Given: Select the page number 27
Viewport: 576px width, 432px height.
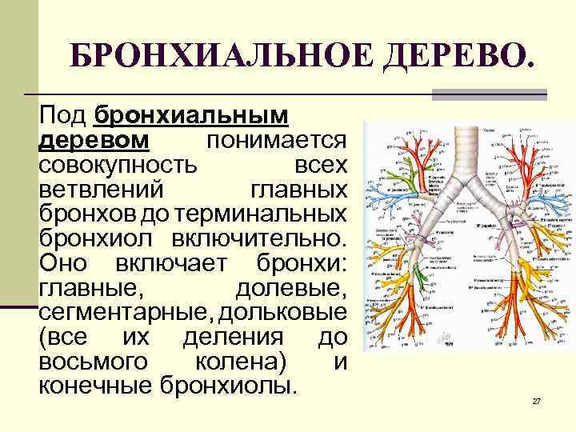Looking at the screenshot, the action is [x=537, y=400].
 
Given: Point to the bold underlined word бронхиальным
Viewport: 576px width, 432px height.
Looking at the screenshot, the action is [x=190, y=117].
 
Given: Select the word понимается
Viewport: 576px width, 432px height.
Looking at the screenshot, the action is [x=276, y=142].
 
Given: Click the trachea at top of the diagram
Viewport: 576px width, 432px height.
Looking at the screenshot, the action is [x=454, y=144].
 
